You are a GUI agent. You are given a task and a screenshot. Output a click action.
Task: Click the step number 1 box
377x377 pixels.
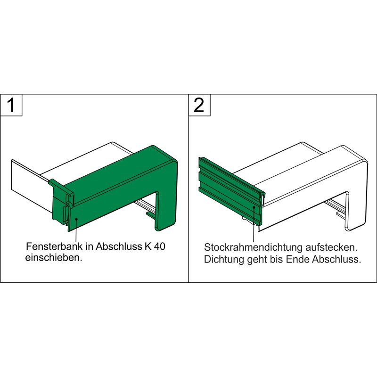pos(11,105)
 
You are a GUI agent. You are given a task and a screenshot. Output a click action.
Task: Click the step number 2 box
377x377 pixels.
pos(199,105)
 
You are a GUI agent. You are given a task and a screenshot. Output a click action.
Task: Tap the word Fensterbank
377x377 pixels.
pos(54,246)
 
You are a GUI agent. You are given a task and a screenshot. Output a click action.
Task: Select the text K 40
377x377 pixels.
pos(155,246)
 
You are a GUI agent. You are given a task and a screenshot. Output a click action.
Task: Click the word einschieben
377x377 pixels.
pos(54,257)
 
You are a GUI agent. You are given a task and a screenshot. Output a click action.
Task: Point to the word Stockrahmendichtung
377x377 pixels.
pos(253,247)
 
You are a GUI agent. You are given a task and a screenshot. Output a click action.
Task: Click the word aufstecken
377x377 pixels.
pos(331,247)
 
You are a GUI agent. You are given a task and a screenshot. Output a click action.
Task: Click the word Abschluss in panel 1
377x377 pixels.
pos(119,246)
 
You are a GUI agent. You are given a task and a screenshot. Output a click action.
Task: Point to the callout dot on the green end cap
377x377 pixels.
pos(76,219)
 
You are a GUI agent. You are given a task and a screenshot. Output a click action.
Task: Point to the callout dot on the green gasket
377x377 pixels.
pos(254,207)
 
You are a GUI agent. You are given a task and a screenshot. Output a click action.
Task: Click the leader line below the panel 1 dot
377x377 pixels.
pos(76,230)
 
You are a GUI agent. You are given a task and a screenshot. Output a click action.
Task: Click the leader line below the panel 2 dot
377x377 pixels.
pos(254,225)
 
